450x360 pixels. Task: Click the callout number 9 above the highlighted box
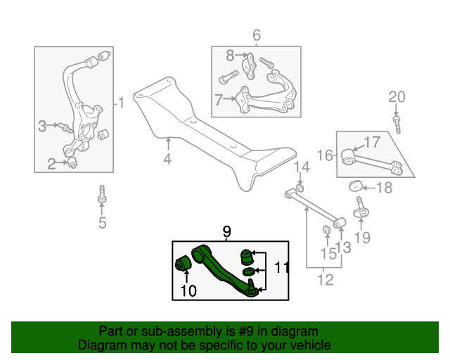[x=226, y=231]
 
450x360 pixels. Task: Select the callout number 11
[x=281, y=267]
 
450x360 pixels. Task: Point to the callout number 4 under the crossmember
[x=167, y=160]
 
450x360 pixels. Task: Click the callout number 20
[x=397, y=96]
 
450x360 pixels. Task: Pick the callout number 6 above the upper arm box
[x=256, y=34]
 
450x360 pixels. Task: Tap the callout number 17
[x=372, y=142]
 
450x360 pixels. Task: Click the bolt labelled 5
[x=103, y=195]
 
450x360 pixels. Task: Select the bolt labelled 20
[x=397, y=124]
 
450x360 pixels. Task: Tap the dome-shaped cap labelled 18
[x=356, y=186]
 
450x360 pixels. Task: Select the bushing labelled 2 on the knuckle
[x=72, y=164]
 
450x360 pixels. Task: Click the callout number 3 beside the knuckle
[x=42, y=126]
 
